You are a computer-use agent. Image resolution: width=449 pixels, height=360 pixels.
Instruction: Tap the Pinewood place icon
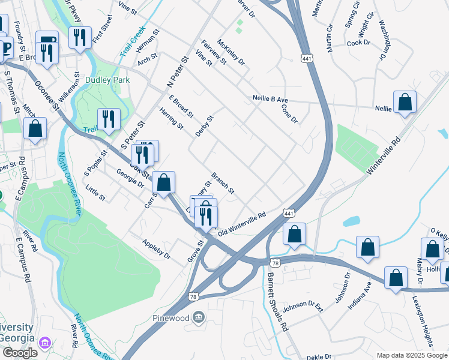198,317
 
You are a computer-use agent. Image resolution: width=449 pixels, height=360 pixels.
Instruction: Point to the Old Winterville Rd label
241,223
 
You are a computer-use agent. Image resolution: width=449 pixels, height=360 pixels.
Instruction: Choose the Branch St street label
222,183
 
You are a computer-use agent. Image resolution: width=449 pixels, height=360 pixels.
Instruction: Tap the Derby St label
205,126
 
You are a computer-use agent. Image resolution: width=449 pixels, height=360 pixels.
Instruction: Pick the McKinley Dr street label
231,52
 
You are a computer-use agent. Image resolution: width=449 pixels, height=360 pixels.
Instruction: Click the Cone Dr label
290,113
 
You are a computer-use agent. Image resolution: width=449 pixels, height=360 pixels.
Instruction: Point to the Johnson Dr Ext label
303,307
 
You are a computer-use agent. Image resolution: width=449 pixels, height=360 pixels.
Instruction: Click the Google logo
20,353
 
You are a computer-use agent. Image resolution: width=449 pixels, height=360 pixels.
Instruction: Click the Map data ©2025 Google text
411,355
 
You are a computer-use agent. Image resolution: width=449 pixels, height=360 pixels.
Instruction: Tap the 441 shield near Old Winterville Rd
288,214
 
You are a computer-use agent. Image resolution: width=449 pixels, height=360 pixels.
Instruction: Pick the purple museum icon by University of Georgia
44,343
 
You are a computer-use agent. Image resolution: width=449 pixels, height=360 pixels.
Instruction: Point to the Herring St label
172,118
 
